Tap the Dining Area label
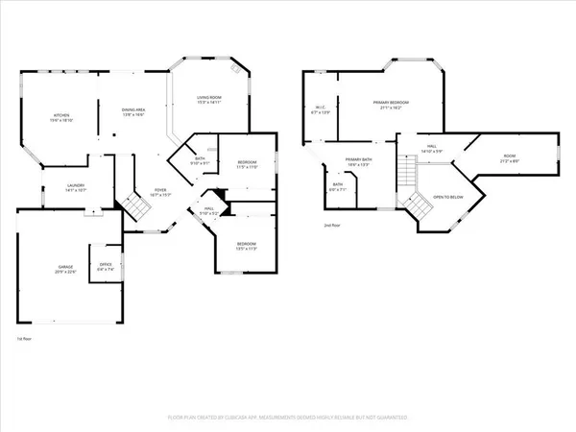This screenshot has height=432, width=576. tap(132, 112)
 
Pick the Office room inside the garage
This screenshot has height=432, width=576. tap(105, 267)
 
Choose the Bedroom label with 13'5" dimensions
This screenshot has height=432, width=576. tap(247, 245)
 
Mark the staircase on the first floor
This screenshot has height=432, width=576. tap(136, 207)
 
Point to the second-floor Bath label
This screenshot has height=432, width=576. tap(337, 187)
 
